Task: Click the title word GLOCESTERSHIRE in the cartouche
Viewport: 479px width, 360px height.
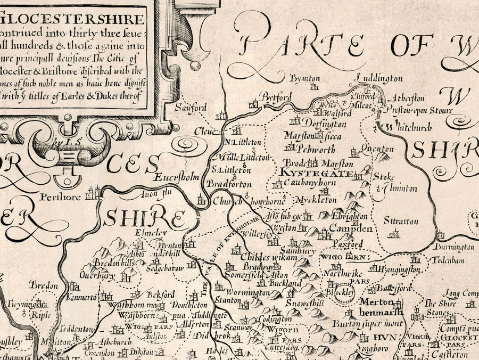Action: pyautogui.click(x=72, y=20)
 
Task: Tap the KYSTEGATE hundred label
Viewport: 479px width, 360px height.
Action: pyautogui.click(x=315, y=174)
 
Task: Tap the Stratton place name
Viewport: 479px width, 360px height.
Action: pyautogui.click(x=401, y=221)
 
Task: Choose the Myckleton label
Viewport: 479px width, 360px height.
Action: pyautogui.click(x=319, y=200)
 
